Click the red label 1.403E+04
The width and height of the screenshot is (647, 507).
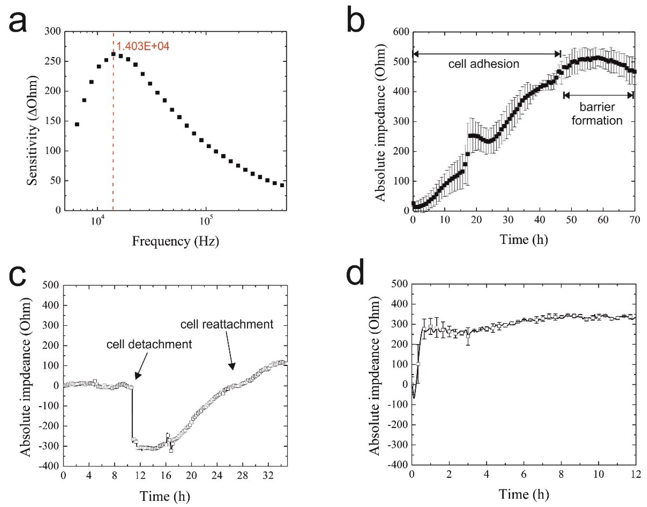143,46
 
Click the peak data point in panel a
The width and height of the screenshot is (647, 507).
113,54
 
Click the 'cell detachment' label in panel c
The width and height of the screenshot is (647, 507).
149,344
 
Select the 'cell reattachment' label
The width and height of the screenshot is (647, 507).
227,324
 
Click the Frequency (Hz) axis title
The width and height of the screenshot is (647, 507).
175,241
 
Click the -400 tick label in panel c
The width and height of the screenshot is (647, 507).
50,466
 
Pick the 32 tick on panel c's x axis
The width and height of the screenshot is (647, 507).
268,476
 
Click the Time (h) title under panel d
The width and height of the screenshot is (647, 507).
524,494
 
